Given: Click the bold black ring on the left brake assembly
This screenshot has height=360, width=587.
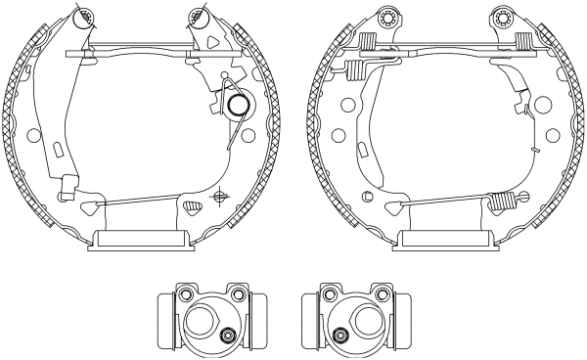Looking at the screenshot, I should [x=237, y=104].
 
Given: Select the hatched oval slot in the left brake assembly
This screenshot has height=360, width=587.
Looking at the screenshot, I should [x=193, y=205].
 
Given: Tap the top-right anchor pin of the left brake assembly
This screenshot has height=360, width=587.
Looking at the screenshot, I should [x=200, y=16].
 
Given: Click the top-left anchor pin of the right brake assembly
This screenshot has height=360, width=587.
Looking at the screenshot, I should [x=384, y=17].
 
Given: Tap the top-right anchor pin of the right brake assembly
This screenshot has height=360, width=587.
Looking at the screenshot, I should [x=505, y=17].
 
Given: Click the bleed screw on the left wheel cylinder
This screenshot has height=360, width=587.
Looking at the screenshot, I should [x=227, y=336].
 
